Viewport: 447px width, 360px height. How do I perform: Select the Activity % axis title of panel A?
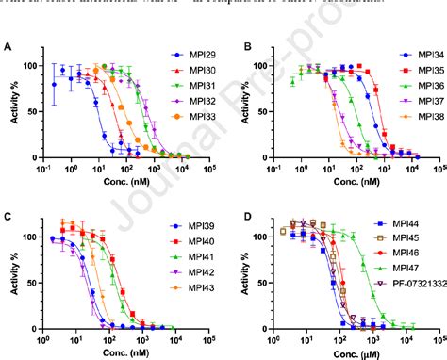12,105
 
